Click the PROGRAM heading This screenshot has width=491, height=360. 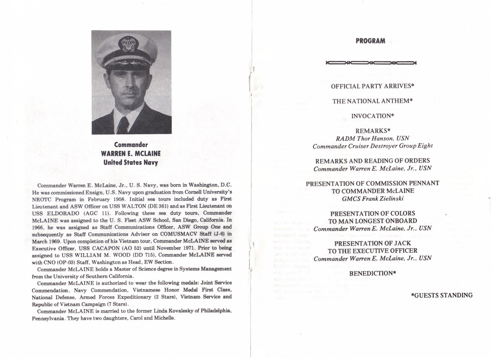tap(370, 41)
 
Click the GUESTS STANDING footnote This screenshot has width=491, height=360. tap(441, 295)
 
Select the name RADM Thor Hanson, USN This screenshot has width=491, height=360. tap(372, 138)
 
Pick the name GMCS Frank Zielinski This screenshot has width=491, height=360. tap(372, 199)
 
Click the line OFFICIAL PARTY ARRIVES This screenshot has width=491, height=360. tap(372, 87)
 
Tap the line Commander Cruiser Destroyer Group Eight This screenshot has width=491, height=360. tap(372, 146)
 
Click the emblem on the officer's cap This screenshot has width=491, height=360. tap(128, 45)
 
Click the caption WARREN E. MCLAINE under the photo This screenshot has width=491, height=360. tap(131, 154)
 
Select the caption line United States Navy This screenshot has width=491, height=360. tap(131, 163)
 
